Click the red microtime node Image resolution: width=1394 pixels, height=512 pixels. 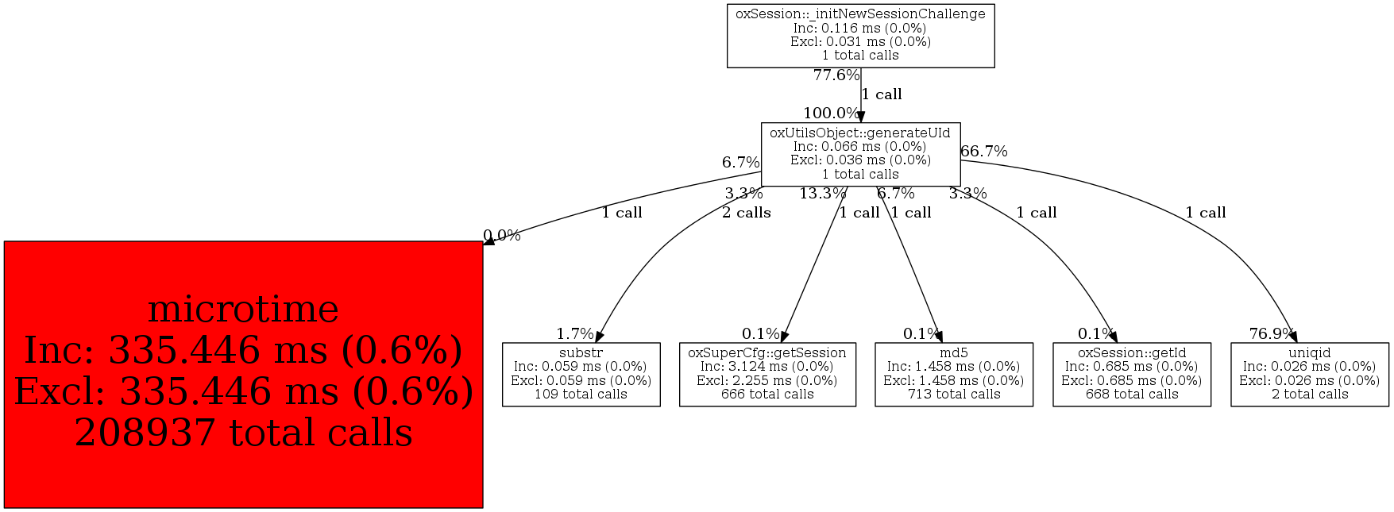(x=243, y=374)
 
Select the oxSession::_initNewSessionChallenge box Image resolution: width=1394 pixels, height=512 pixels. (x=860, y=36)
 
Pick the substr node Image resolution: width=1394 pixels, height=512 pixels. (x=581, y=374)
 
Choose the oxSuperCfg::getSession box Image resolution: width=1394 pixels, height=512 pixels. (x=767, y=374)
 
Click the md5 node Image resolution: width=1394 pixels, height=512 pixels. (x=953, y=374)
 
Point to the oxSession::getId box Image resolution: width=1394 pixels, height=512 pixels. (x=1131, y=374)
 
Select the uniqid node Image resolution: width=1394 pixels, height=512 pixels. (x=1309, y=374)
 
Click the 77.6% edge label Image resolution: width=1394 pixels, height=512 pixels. (x=836, y=75)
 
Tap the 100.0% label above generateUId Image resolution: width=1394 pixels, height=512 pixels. (x=830, y=114)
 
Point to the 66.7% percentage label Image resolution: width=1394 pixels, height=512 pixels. (x=984, y=152)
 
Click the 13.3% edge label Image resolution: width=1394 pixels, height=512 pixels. (x=822, y=194)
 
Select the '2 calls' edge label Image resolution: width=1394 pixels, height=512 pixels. (x=746, y=213)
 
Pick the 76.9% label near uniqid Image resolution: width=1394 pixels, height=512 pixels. (x=1272, y=334)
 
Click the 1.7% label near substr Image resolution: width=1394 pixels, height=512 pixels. (x=574, y=334)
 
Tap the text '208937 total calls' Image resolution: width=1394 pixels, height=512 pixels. (x=243, y=433)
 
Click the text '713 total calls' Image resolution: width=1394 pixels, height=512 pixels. (x=953, y=395)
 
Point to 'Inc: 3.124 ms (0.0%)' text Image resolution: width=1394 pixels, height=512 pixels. (x=767, y=367)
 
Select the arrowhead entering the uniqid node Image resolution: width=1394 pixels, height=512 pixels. (x=1292, y=337)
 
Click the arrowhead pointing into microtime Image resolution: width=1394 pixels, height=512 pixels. (x=489, y=240)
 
